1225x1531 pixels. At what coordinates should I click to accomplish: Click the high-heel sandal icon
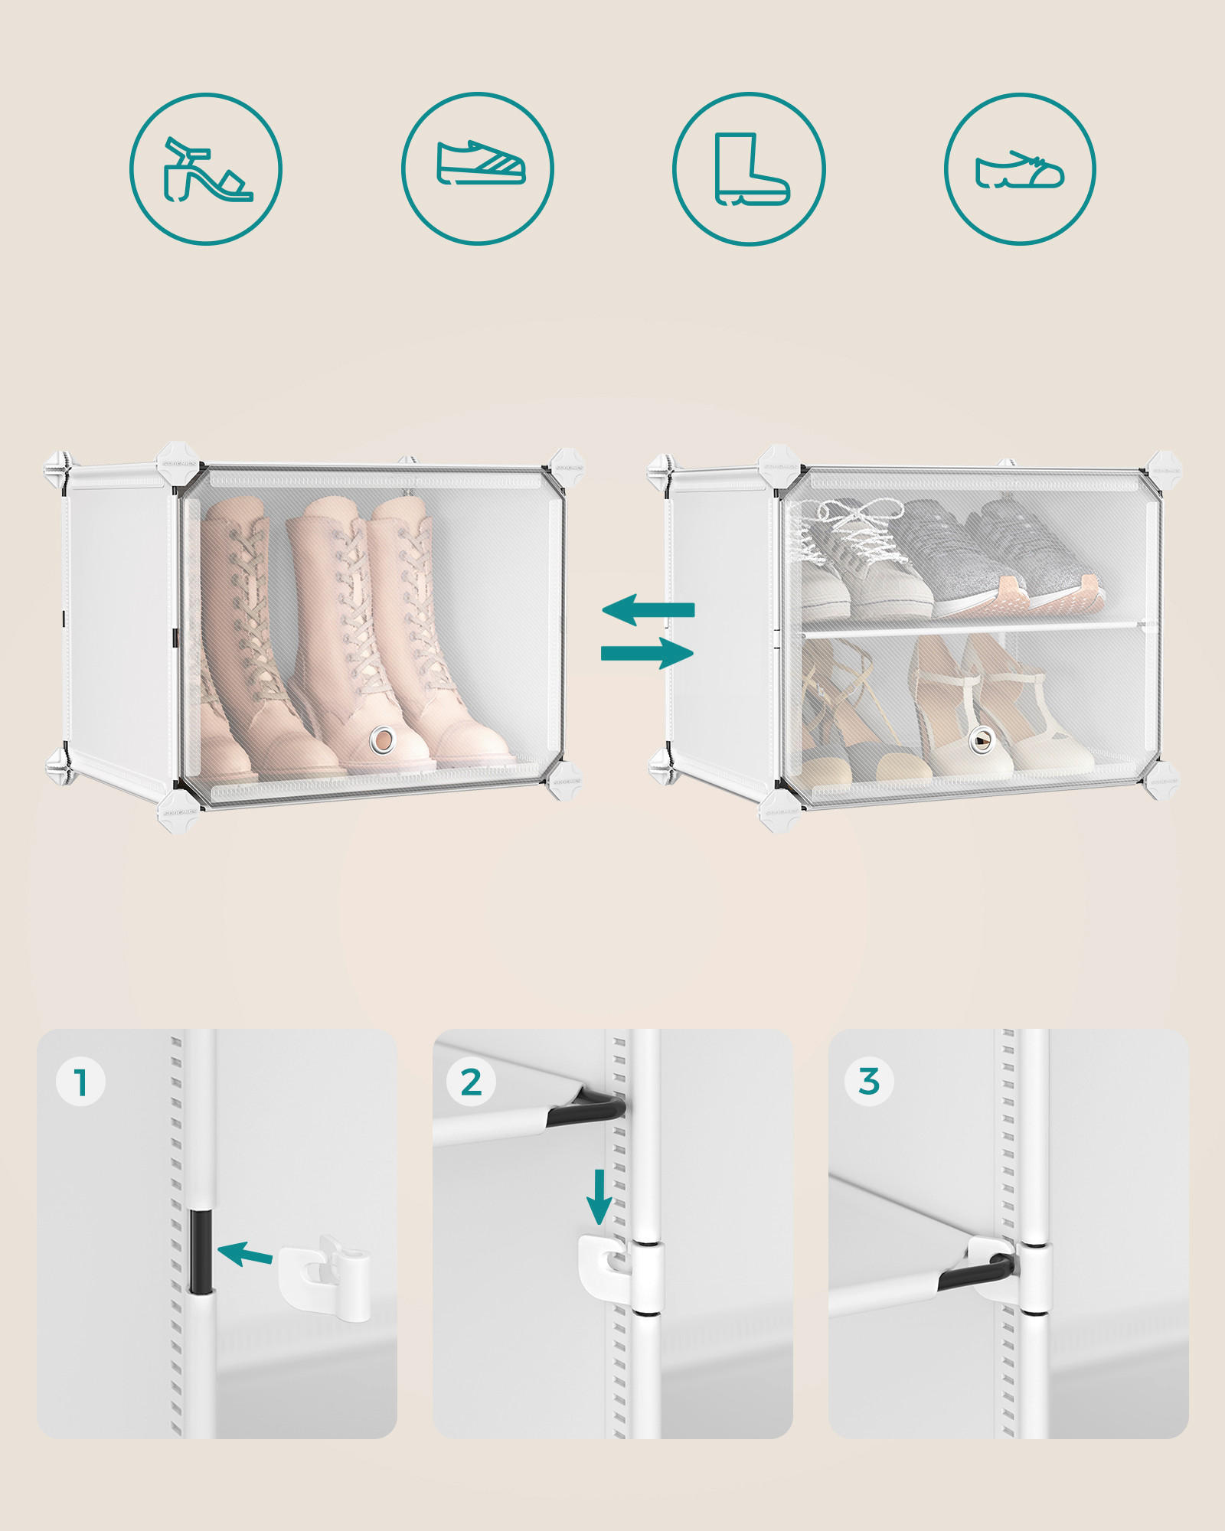click(206, 169)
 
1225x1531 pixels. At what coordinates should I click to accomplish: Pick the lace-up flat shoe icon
click(1020, 169)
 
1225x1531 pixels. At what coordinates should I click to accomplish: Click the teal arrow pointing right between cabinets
click(648, 653)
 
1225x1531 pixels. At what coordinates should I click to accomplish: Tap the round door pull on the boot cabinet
click(382, 739)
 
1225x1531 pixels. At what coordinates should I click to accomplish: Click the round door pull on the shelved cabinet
click(979, 739)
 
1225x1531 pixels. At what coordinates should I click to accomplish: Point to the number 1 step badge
click(80, 1082)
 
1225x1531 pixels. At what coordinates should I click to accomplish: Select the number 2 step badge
click(471, 1082)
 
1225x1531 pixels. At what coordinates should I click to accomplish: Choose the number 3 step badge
click(868, 1082)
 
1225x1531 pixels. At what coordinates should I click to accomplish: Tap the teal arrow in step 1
click(245, 1254)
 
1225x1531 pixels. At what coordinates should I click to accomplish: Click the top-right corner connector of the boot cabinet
click(567, 465)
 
